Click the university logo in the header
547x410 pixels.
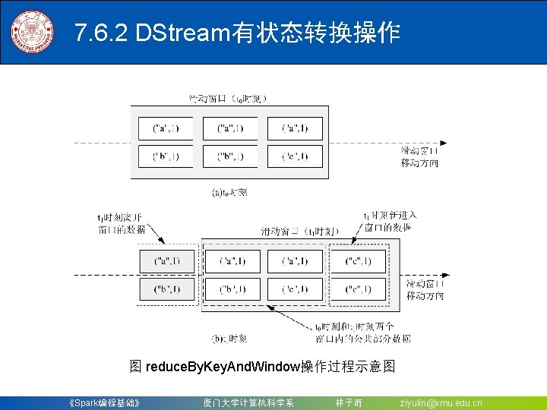coord(32,32)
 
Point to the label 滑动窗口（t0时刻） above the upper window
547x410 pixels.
coord(228,98)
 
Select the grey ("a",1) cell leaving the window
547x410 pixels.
coord(167,261)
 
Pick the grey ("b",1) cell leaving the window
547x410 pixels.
coord(167,289)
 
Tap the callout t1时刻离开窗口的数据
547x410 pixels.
coord(121,223)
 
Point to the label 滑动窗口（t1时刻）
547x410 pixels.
coord(300,231)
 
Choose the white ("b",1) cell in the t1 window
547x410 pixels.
coord(232,289)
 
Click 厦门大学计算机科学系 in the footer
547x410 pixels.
coord(248,402)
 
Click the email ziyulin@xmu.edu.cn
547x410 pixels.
coord(441,402)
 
